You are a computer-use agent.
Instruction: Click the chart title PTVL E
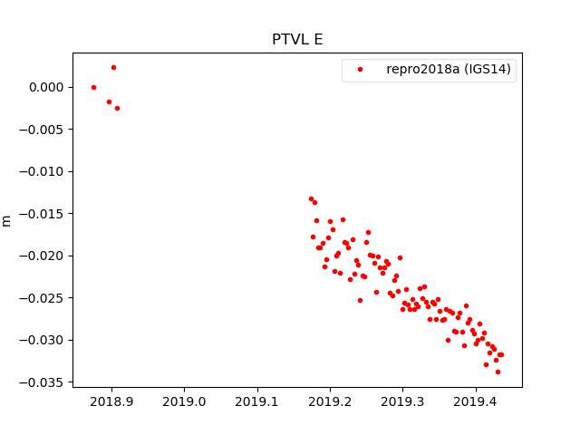[297, 40]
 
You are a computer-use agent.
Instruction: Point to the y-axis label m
[7, 220]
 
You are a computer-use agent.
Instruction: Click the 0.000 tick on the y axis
[43, 87]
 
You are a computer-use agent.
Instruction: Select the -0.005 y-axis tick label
[41, 130]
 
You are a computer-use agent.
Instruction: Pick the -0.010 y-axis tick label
[41, 171]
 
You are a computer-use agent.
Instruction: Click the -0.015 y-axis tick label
[41, 214]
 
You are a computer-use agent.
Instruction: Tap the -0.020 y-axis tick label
[41, 256]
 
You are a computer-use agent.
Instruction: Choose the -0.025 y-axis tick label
[41, 298]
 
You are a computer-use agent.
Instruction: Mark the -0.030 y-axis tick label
[41, 340]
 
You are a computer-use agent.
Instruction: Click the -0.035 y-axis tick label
[41, 382]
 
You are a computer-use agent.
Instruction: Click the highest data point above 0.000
[113, 67]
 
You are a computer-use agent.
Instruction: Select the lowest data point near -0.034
[498, 372]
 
